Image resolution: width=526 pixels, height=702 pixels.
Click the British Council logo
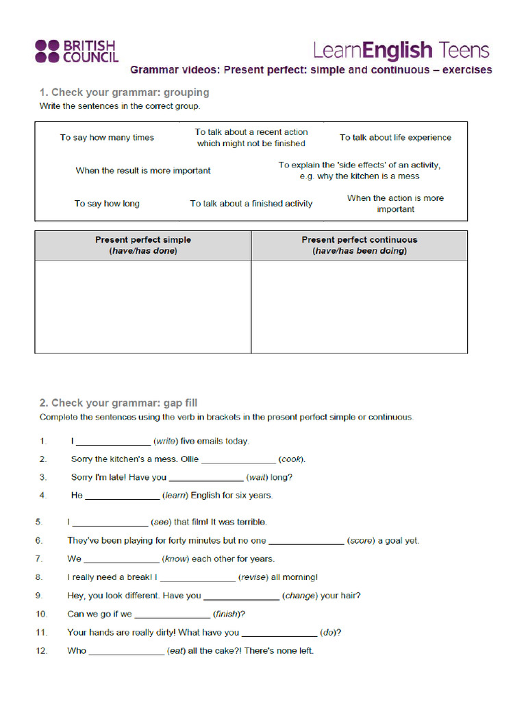tap(77, 51)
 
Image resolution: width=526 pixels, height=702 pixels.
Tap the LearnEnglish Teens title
tap(401, 50)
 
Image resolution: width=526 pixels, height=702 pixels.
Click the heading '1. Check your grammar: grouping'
tap(124, 93)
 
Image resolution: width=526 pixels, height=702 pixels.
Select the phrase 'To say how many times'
tap(107, 138)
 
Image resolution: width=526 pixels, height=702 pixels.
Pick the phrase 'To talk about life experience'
tap(395, 138)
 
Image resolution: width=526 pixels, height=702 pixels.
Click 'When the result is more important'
tap(143, 171)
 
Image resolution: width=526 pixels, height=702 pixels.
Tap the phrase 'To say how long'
tap(107, 204)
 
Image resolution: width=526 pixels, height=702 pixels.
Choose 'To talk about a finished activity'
tap(251, 204)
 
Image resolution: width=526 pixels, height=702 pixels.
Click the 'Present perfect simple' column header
tap(143, 245)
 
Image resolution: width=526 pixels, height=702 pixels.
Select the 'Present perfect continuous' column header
tap(359, 245)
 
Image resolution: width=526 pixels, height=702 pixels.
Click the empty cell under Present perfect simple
tap(143, 306)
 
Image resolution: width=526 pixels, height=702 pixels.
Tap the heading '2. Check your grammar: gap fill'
tap(118, 403)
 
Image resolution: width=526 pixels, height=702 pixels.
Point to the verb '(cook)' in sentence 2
tap(292, 459)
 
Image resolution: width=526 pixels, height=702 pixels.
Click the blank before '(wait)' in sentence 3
tap(206, 478)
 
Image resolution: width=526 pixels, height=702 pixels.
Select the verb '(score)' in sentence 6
tap(361, 541)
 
